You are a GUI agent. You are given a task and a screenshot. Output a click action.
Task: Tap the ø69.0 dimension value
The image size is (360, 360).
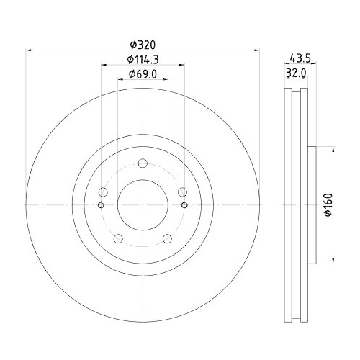pos(142,74)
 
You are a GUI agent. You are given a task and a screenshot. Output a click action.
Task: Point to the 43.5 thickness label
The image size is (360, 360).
pos(297,58)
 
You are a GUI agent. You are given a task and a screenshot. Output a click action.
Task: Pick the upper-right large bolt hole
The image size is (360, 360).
pos(182,192)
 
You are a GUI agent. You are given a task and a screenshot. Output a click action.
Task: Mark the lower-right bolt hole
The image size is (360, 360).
pos(167,239)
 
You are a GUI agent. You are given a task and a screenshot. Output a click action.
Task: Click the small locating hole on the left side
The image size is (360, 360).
pos(101,206)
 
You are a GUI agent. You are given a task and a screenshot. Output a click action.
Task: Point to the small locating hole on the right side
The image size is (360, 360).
pos(184,206)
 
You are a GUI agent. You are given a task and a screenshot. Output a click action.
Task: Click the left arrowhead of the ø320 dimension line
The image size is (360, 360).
pos(30,50)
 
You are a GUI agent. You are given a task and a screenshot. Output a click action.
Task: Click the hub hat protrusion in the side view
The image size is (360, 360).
pos(312,205)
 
